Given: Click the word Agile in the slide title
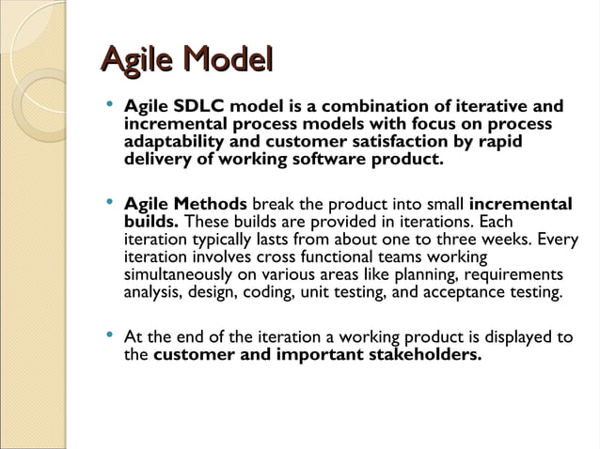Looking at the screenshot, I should tap(138, 61).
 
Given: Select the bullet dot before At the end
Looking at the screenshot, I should tap(110, 335).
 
